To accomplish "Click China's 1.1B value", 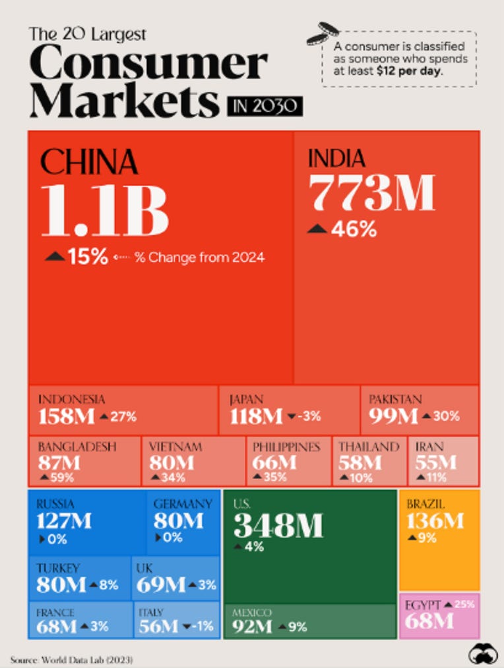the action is point(105,211).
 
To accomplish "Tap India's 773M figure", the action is point(371,192).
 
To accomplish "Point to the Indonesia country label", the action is point(71,399).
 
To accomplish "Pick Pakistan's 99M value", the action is point(393,416).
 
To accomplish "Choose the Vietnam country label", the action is point(175,447).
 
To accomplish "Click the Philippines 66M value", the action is point(274,462).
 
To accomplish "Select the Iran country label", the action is point(429,447).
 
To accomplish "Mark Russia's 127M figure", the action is point(63,521).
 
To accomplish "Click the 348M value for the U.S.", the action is point(278,525).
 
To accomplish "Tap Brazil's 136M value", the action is point(435,520).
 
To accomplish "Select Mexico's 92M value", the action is point(252,626).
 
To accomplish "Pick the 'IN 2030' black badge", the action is point(265,106).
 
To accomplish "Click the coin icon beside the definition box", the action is point(322,33).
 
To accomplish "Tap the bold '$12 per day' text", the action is point(409,70).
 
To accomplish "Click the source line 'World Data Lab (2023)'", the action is point(87,660).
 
